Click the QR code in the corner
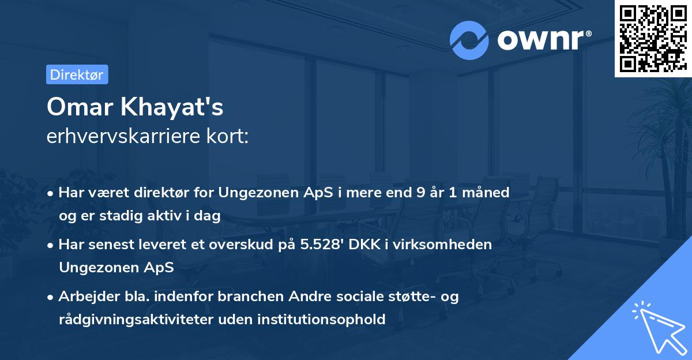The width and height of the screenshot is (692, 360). (653, 39)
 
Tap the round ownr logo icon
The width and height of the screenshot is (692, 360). (469, 40)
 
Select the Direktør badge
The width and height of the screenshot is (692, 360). (77, 74)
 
